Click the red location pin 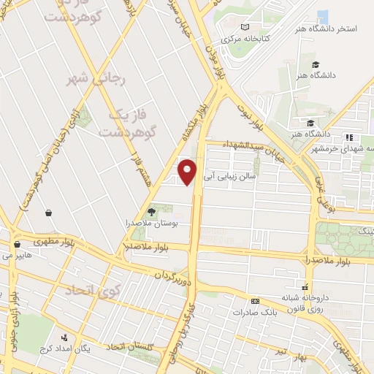(x=188, y=171)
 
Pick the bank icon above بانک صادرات (x=255, y=301)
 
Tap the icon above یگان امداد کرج (x=64, y=337)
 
